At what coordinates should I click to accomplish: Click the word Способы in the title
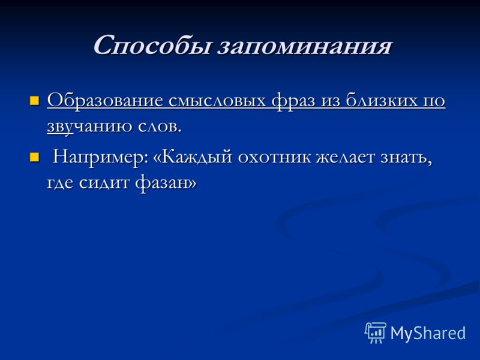152,46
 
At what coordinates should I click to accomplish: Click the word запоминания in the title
305,47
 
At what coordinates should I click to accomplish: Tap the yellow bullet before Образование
35,100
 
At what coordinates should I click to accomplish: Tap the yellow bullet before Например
35,157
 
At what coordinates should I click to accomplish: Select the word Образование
105,100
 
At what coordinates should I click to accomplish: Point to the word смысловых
217,101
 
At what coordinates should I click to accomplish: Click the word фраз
293,100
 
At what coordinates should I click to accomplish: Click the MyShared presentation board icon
375,332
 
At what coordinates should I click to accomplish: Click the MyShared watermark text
428,333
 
